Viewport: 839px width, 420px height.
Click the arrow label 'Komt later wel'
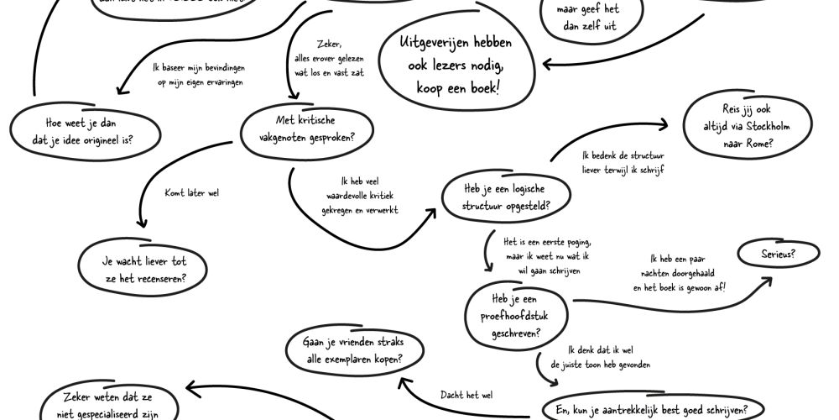click(x=192, y=193)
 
